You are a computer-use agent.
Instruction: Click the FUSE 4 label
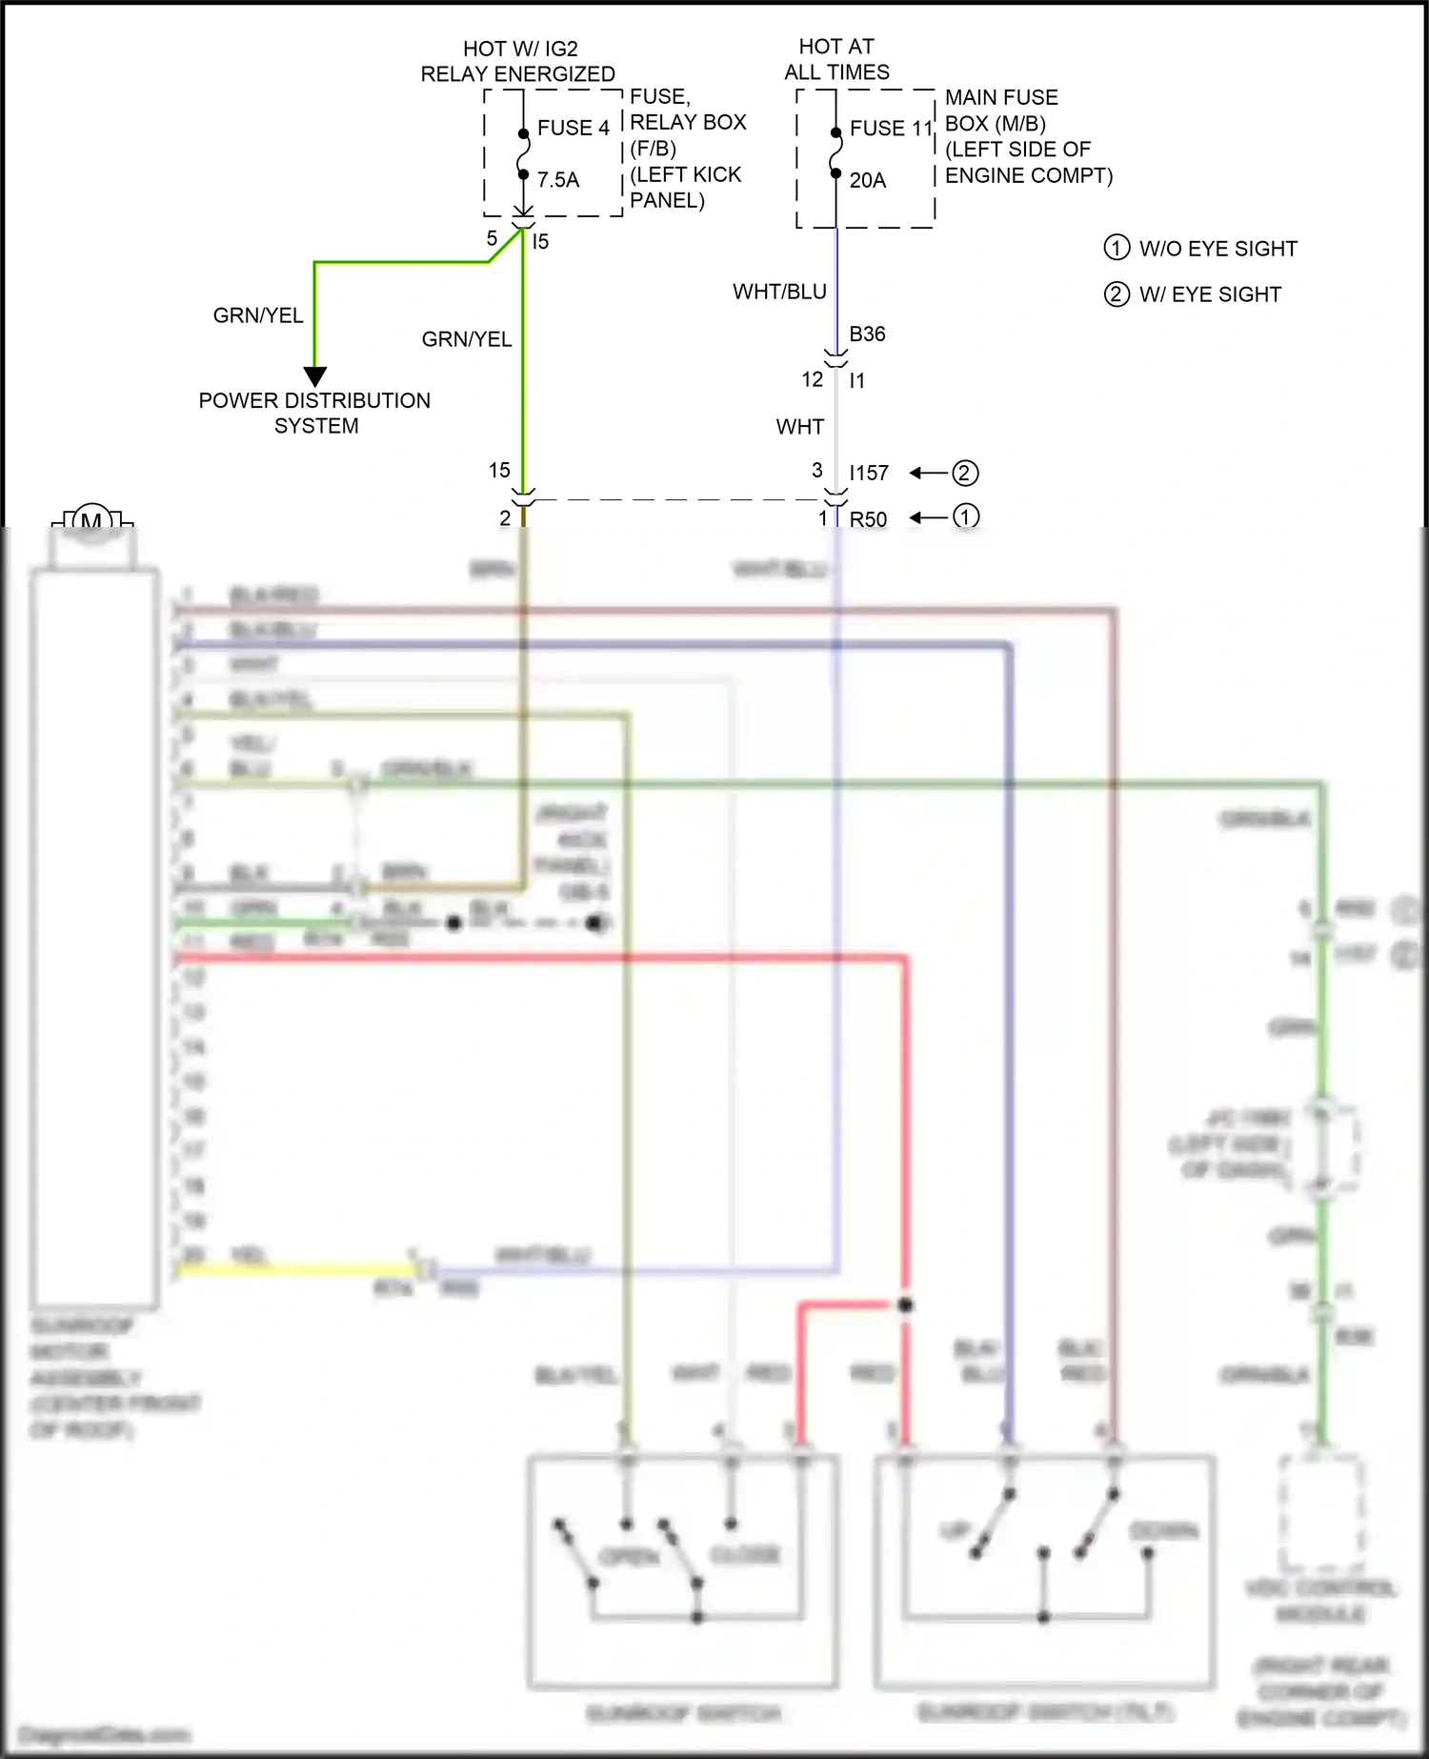tap(573, 128)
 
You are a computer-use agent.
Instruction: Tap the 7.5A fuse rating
tap(557, 180)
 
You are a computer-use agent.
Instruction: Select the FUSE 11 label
tap(891, 128)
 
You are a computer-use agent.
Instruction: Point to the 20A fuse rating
tap(867, 180)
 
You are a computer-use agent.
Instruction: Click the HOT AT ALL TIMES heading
tap(836, 59)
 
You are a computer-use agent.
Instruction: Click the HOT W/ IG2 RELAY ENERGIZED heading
tap(518, 61)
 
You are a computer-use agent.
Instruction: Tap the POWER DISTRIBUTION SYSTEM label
tap(314, 413)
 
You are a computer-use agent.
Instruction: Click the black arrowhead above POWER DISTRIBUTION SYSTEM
tap(315, 376)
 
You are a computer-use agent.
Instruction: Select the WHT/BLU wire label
tap(779, 292)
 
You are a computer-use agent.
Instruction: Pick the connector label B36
tap(867, 334)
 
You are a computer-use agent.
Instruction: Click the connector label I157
tap(869, 473)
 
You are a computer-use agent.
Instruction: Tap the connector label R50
tap(868, 519)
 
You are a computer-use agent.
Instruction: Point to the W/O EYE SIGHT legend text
tap(1218, 249)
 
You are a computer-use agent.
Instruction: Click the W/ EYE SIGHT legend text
tap(1210, 294)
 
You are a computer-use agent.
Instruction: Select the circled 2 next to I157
tap(965, 473)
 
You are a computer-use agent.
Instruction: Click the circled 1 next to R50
tap(965, 516)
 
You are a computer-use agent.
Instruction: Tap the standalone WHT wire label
tap(799, 427)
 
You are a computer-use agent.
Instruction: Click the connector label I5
tap(540, 242)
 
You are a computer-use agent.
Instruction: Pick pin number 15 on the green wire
tap(499, 470)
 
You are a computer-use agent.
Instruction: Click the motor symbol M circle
tap(92, 520)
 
